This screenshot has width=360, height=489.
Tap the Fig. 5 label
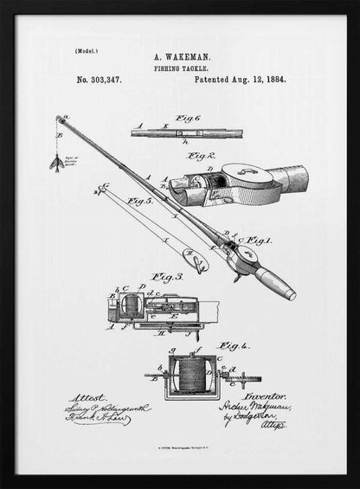tap(140, 202)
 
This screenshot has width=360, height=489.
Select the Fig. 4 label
tap(228, 345)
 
